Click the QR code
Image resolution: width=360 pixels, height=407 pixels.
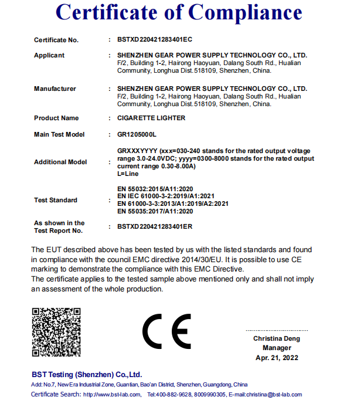tap(56, 333)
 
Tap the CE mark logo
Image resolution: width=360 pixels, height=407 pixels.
tap(167, 332)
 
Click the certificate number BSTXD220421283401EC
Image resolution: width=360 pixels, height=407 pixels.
tap(155, 40)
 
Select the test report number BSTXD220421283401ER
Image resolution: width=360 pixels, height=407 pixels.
tap(155, 226)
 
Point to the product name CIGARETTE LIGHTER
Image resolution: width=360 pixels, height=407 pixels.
tap(151, 118)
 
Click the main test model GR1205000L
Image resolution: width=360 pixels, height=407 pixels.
tap(137, 134)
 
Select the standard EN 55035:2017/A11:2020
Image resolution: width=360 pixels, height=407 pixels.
tap(155, 211)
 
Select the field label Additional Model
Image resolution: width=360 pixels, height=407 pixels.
tap(60, 162)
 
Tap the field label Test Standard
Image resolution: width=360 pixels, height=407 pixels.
tap(56, 200)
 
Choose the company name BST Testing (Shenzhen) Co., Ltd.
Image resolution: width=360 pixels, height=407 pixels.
tap(87, 374)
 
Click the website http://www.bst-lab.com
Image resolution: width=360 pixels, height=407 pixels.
tap(112, 394)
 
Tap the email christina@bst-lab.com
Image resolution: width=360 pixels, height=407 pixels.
tap(277, 394)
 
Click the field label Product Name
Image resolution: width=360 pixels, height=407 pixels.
tap(56, 118)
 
